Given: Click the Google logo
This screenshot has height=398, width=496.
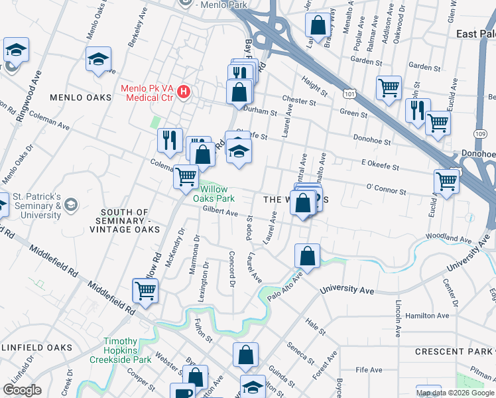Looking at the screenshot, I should pyautogui.click(x=22, y=389).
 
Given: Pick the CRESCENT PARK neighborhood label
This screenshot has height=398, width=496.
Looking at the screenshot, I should pyautogui.click(x=452, y=351).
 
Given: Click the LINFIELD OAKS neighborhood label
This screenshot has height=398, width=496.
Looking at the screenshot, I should pyautogui.click(x=36, y=348).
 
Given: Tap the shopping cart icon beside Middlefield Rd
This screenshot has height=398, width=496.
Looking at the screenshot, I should pyautogui.click(x=146, y=290).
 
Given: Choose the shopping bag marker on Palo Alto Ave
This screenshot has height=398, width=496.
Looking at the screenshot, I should pyautogui.click(x=308, y=255).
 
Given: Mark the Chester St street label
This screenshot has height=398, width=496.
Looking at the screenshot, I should pyautogui.click(x=299, y=101).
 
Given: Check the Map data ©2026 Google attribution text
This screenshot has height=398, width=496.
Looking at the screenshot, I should pyautogui.click(x=454, y=392).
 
